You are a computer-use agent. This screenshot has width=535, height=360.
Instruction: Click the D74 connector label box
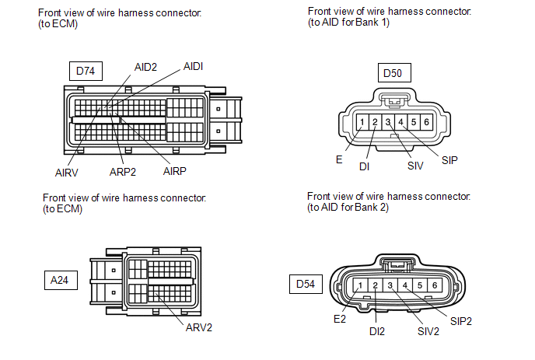[86, 71]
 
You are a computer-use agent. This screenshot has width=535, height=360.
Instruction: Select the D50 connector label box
[394, 72]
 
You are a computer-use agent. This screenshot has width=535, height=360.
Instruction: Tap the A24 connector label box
[61, 280]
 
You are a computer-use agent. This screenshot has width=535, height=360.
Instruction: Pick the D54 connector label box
[306, 284]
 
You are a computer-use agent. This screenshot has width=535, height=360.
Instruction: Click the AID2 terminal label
[145, 67]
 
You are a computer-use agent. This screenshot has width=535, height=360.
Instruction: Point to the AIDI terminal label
[193, 66]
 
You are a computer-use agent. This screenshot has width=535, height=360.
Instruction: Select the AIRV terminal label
[67, 173]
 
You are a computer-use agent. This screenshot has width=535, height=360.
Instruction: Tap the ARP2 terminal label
[123, 172]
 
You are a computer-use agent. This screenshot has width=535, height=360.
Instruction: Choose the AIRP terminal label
[175, 171]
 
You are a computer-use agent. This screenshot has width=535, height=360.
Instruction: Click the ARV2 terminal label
[199, 327]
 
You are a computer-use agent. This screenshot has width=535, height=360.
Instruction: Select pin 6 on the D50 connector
[426, 122]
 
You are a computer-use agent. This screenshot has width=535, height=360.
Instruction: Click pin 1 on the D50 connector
[362, 122]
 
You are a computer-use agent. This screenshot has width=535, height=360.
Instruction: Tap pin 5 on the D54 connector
[420, 285]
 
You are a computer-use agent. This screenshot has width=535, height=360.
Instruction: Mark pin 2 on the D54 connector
[376, 285]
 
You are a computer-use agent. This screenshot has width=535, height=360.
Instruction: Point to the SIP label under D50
[449, 160]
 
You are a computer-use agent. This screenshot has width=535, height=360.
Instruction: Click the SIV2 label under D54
[428, 331]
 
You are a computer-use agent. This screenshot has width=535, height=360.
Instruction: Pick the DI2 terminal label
[377, 331]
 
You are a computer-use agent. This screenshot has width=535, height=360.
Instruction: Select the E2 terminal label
[340, 319]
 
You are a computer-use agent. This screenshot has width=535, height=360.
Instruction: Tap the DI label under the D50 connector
[364, 166]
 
